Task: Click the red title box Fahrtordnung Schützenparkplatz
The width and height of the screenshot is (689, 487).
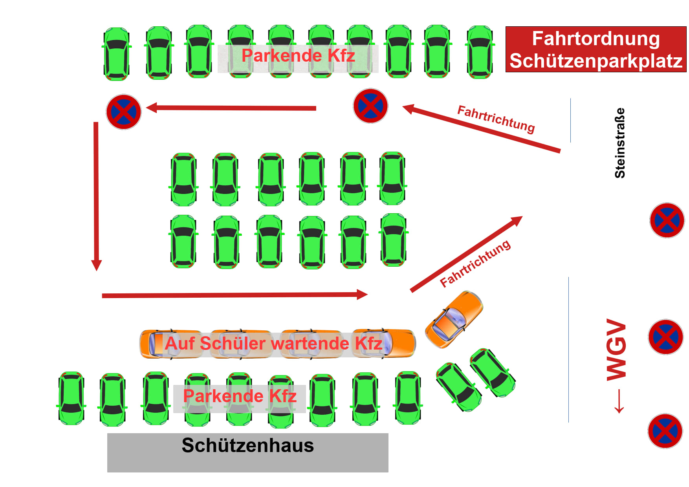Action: click(596, 49)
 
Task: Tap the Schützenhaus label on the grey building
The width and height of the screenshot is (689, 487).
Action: click(247, 446)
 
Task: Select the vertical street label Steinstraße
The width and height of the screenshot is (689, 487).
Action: click(620, 143)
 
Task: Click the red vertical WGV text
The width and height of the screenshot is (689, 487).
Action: click(616, 350)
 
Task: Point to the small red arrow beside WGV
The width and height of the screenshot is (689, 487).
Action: click(619, 401)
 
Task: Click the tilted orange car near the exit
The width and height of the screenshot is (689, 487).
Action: click(454, 319)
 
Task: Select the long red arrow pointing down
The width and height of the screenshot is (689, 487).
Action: click(96, 196)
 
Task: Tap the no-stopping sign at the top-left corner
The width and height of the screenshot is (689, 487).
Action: click(124, 112)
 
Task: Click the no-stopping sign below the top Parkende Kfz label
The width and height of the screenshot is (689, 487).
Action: click(370, 106)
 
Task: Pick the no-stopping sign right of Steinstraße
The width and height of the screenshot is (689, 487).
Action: click(667, 220)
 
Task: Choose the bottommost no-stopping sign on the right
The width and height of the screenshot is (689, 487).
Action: click(665, 431)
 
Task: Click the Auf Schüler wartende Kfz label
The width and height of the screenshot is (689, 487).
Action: click(273, 344)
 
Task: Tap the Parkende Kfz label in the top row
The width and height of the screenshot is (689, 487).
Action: click(298, 56)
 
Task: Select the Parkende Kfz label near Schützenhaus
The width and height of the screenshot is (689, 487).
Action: click(240, 396)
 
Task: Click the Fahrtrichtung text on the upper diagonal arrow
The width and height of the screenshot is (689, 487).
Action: click(496, 119)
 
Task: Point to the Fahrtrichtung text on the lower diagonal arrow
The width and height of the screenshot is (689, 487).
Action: click(475, 263)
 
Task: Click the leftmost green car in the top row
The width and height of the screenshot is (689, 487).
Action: click(117, 54)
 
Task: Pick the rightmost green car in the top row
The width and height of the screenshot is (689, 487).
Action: click(480, 52)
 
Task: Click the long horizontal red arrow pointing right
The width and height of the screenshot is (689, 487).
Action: click(235, 295)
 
